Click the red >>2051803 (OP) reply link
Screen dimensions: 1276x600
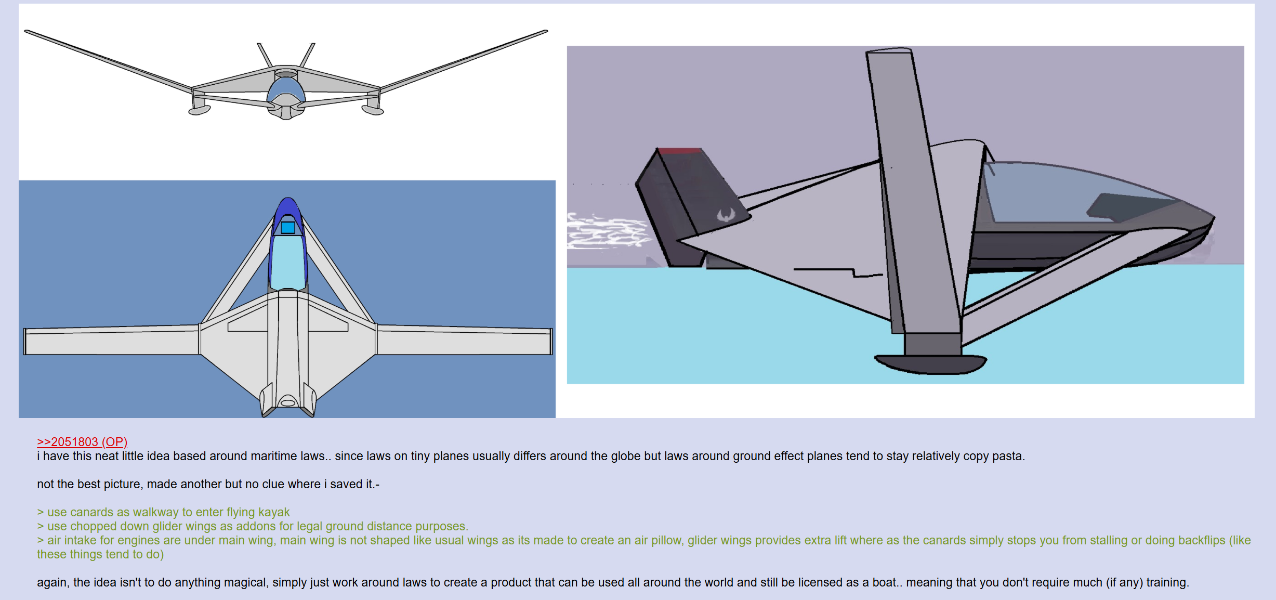tap(82, 442)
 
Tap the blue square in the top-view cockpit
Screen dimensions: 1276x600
tap(288, 228)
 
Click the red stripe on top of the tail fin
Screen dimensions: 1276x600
tap(680, 151)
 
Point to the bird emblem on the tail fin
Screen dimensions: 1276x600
tap(726, 214)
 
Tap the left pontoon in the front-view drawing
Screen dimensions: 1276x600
tap(199, 110)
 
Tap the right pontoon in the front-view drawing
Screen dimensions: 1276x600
tap(372, 110)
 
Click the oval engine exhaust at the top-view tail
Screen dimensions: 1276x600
tap(288, 402)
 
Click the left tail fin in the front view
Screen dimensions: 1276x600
tap(265, 55)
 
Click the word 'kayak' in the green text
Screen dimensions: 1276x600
tap(274, 512)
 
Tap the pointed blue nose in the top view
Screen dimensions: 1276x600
tap(288, 208)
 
